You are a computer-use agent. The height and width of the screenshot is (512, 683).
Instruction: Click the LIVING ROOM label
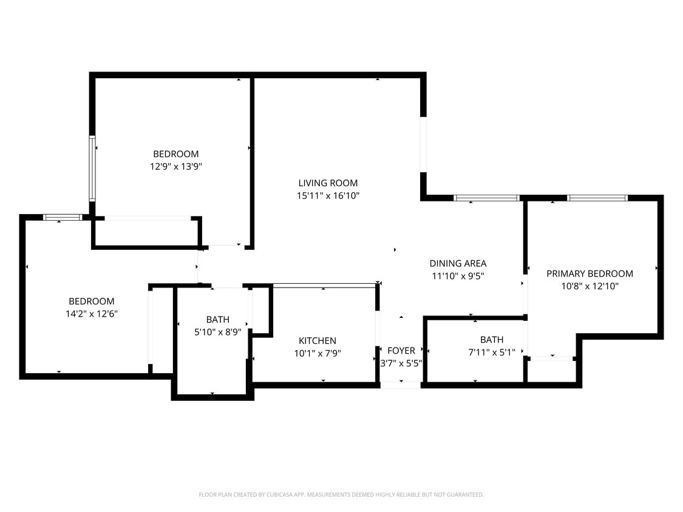328,183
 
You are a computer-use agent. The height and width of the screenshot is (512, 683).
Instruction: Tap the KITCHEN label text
317,341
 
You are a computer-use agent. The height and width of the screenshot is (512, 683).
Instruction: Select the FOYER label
401,351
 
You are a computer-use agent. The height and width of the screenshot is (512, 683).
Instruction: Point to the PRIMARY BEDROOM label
590,274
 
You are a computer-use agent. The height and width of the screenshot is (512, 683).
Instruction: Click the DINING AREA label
458,263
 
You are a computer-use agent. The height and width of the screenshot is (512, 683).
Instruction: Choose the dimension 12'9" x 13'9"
175,166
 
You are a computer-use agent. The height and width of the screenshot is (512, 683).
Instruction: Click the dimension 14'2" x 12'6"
91,314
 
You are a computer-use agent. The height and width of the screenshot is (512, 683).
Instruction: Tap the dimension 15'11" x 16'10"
328,195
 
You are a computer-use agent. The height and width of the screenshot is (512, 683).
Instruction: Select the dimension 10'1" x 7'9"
317,353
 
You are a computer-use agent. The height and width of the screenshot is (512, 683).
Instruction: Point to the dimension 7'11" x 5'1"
491,351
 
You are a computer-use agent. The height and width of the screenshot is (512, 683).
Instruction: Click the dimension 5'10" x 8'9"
217,332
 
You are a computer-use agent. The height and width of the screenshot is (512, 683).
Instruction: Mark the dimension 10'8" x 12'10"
590,286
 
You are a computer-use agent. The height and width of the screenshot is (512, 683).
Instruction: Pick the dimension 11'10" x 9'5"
458,275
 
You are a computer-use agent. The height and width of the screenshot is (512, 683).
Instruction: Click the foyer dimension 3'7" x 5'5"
401,363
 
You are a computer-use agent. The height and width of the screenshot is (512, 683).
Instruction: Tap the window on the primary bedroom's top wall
597,198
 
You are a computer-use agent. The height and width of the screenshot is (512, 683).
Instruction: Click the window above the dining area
486,198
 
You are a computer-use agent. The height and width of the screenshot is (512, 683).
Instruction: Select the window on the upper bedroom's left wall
92,169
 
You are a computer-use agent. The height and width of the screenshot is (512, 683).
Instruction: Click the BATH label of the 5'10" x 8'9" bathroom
217,320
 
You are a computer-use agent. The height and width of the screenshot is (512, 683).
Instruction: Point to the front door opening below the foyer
400,385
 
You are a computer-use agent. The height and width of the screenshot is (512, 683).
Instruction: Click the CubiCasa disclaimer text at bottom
341,495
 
